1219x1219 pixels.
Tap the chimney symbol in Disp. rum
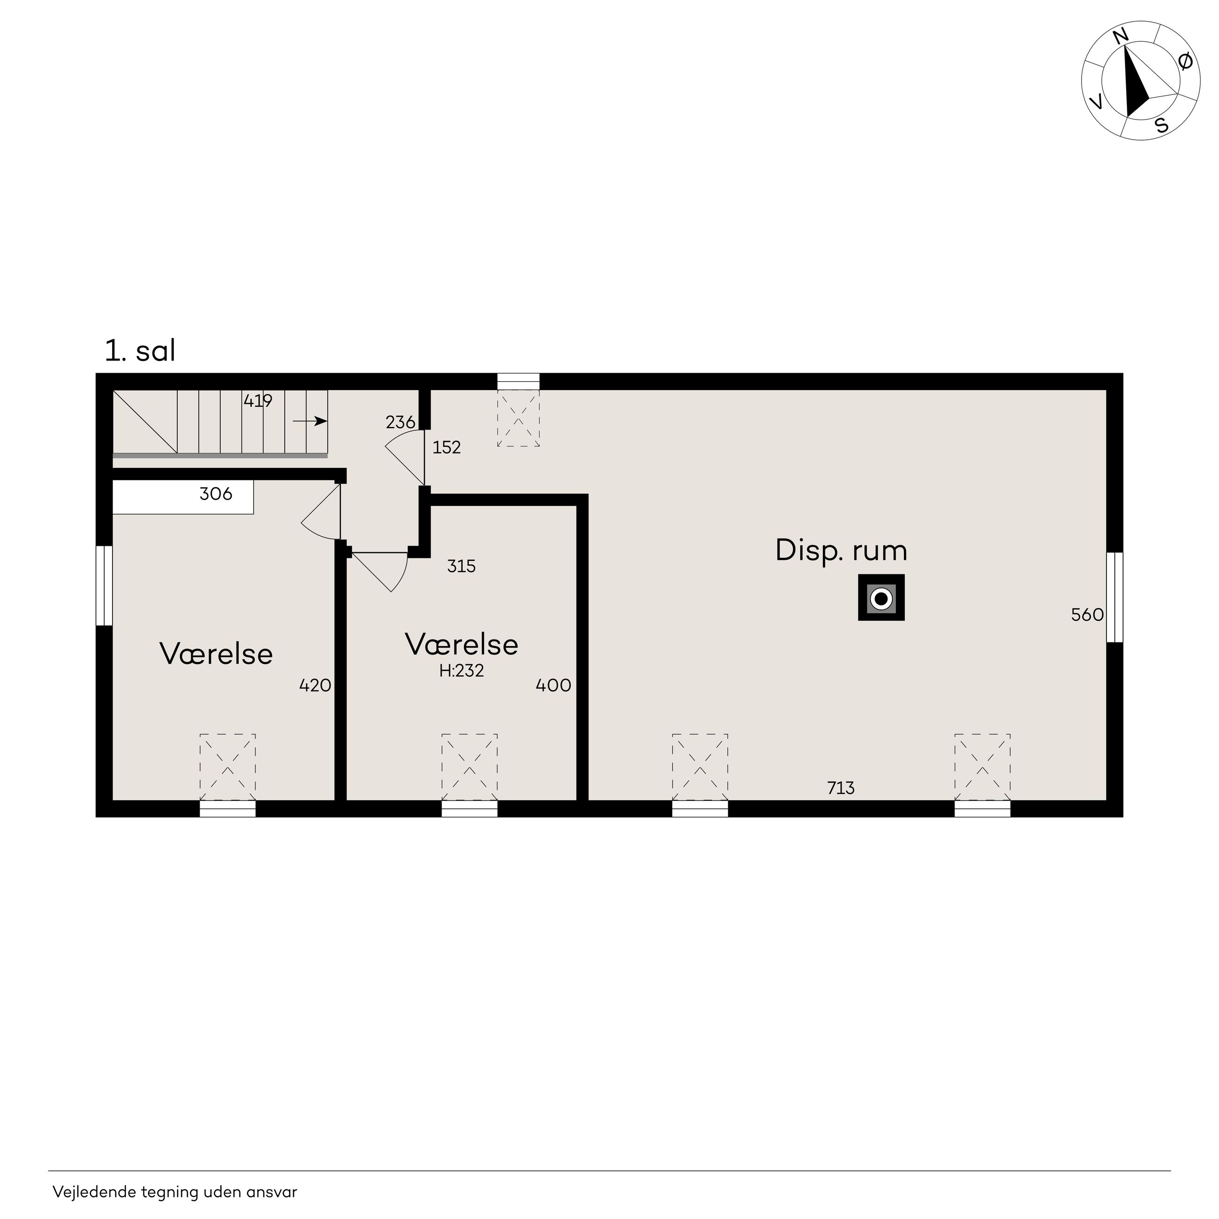coord(881,597)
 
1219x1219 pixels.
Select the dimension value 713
coord(841,788)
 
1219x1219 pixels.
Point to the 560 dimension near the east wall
coord(1087,615)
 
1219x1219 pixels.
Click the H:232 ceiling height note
coord(461,671)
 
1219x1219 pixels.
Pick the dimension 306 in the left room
coord(216,493)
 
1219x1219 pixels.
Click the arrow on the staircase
coord(310,421)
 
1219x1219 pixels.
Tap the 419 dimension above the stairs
coord(258,401)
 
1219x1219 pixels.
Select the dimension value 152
coord(447,447)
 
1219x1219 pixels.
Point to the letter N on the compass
coord(1121,37)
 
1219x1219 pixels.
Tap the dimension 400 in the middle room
coord(553,685)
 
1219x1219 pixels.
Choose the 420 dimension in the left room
coord(315,685)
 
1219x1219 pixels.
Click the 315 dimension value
coord(461,566)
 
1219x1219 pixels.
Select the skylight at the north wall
coord(518,410)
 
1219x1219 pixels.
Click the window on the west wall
coord(104,586)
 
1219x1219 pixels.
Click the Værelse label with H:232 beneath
coord(461,644)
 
